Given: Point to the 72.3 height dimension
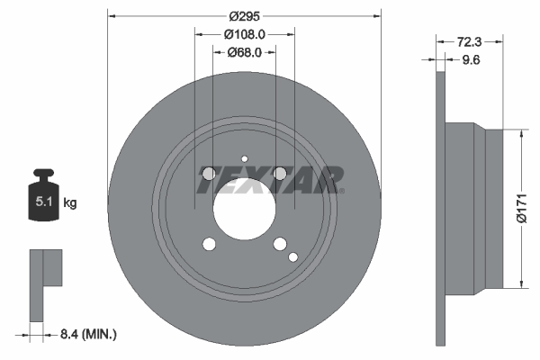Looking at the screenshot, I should [470, 41].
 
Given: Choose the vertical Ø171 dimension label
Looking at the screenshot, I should [519, 209].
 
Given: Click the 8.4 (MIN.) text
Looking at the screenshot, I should [88, 335].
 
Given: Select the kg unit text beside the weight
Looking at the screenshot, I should [70, 203].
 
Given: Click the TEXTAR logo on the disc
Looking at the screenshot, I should [270, 179].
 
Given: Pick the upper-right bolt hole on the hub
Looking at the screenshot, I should [279, 174].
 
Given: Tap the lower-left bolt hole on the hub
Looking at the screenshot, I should [209, 244].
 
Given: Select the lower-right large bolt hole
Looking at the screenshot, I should [279, 244].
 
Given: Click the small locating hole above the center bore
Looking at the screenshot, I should [244, 160].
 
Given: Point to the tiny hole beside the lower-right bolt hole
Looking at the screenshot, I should [292, 256].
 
